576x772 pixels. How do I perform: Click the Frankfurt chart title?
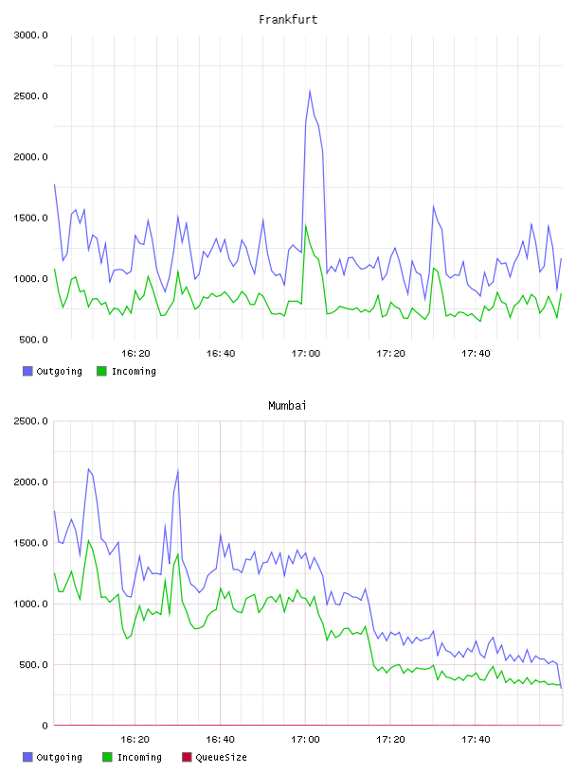pyautogui.click(x=288, y=20)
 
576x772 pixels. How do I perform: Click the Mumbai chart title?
pyautogui.click(x=287, y=406)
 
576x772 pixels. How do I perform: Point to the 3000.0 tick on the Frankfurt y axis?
pyautogui.click(x=30, y=35)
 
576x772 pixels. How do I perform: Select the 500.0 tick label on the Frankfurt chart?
pyautogui.click(x=33, y=340)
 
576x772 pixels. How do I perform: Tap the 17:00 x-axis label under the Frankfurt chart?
pyautogui.click(x=306, y=354)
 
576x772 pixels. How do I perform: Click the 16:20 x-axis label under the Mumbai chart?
pyautogui.click(x=135, y=740)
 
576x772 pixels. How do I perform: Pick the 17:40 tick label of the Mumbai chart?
pyautogui.click(x=476, y=740)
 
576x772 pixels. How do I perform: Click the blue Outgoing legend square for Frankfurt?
pyautogui.click(x=27, y=371)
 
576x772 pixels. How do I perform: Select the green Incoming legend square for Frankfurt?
pyautogui.click(x=101, y=371)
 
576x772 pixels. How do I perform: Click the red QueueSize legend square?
pyautogui.click(x=187, y=757)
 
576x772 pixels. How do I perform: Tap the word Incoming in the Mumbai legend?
pyautogui.click(x=139, y=758)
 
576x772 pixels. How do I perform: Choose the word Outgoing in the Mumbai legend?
pyautogui.click(x=59, y=758)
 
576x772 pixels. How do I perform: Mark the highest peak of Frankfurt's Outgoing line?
pyautogui.click(x=310, y=90)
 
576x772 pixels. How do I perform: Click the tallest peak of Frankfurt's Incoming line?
pyautogui.click(x=306, y=225)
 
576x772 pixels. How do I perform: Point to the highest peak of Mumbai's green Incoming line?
pyautogui.click(x=89, y=540)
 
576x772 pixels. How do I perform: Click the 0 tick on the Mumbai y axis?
pyautogui.click(x=45, y=726)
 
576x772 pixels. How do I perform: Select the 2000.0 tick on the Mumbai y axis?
pyautogui.click(x=30, y=482)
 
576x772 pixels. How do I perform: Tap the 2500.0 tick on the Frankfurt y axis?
pyautogui.click(x=30, y=96)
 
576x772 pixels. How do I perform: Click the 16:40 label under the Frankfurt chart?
pyautogui.click(x=221, y=354)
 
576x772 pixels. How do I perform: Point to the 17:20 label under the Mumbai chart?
pyautogui.click(x=390, y=740)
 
